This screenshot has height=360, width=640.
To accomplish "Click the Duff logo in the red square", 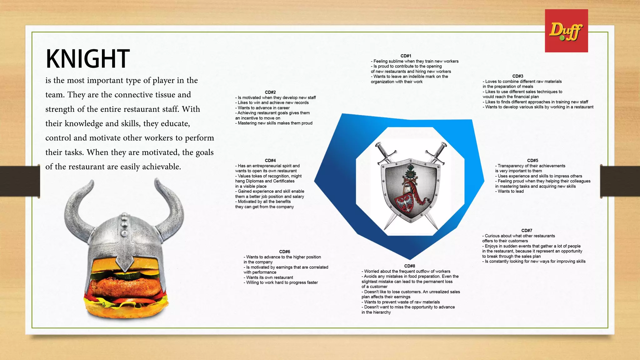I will pos(566,31).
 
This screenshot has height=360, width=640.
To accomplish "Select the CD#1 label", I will pos(406,56).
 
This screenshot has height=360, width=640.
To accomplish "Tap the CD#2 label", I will pos(270,92).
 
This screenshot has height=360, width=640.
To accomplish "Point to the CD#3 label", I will pos(517,76).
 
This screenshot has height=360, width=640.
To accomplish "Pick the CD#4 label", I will pos(270,160).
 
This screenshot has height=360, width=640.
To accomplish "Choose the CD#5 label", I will pos(532,160).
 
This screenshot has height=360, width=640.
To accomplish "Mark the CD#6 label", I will pos(284,252).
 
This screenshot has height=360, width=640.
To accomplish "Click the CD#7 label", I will pos(527,230).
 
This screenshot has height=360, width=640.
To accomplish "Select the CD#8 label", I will pos(409,266).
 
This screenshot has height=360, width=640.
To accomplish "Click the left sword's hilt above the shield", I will pos(385,153).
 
